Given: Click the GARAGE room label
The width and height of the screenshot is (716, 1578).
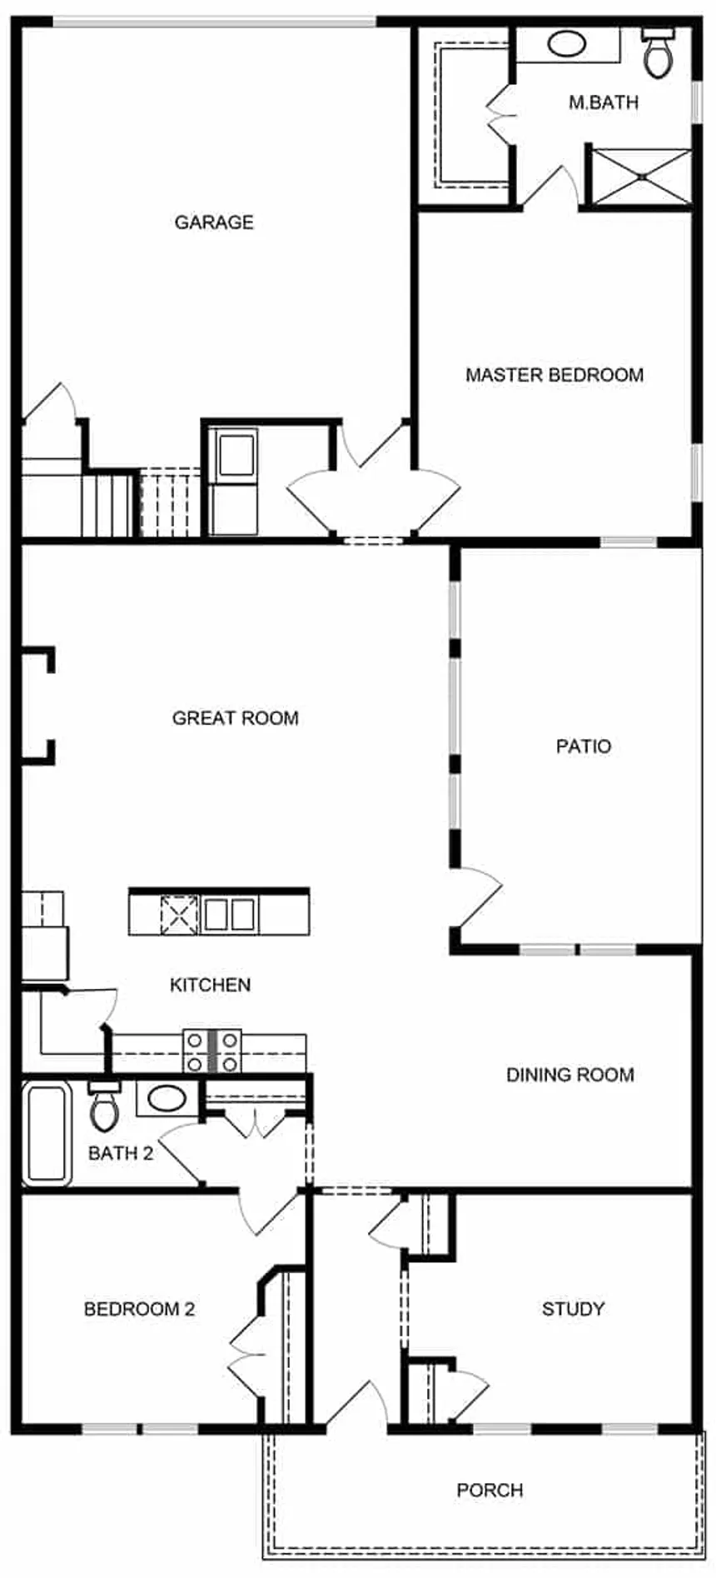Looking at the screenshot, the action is [x=214, y=222].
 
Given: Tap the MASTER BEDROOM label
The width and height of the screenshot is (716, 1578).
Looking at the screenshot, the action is [x=554, y=375].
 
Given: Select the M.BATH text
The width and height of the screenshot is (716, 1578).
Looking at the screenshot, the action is [x=604, y=102].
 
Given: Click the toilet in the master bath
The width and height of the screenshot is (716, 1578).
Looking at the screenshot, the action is [x=658, y=52].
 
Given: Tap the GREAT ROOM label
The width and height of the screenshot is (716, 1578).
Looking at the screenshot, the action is [x=236, y=718].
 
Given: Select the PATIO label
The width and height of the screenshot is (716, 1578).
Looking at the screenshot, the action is [x=584, y=747].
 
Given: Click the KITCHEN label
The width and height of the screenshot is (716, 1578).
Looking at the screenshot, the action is [x=210, y=985].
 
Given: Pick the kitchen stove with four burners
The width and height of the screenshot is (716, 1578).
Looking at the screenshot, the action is [x=212, y=1051].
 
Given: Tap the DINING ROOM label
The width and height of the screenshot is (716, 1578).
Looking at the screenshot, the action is [x=570, y=1075].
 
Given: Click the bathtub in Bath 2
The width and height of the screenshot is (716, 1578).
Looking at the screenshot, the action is [x=47, y=1133].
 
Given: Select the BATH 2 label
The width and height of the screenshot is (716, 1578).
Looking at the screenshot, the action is [x=121, y=1153].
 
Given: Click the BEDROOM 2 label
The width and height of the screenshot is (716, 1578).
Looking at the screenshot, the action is [x=139, y=1309].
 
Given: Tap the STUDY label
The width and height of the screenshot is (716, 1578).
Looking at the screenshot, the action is [x=573, y=1309].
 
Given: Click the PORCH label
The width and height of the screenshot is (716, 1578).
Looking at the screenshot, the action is [x=490, y=1490].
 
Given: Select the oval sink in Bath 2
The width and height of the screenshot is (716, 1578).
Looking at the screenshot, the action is [x=167, y=1097].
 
